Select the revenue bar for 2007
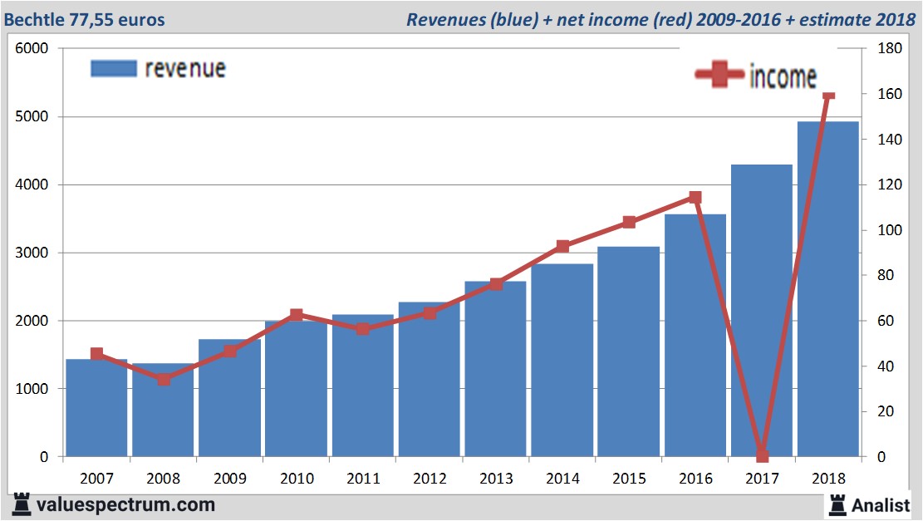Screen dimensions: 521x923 click(96, 408)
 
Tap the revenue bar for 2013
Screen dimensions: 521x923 click(495, 369)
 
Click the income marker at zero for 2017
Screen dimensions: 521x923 click(763, 456)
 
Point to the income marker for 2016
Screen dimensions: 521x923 click(695, 197)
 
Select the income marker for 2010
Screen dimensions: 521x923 click(297, 315)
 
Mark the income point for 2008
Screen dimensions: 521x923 click(164, 379)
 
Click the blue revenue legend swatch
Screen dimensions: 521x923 click(113, 68)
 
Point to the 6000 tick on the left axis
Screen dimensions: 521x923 click(33, 48)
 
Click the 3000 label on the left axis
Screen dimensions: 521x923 click(33, 253)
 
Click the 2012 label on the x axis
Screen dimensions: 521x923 click(430, 479)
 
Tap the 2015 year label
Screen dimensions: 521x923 click(629, 479)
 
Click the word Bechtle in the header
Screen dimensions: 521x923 click(34, 19)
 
